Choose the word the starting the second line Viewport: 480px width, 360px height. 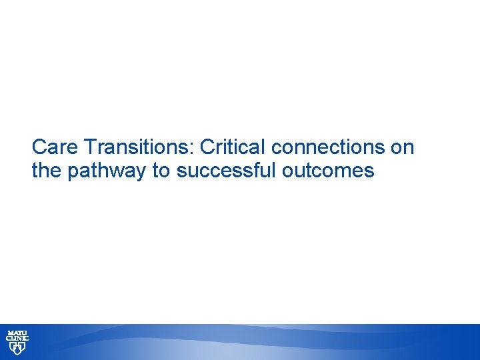click(x=46, y=171)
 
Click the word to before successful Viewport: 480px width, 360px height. click(x=162, y=171)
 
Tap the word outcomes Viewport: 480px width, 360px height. click(x=328, y=171)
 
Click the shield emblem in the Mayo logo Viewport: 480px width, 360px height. click(x=17, y=349)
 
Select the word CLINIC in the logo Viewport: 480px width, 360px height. click(x=17, y=339)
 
